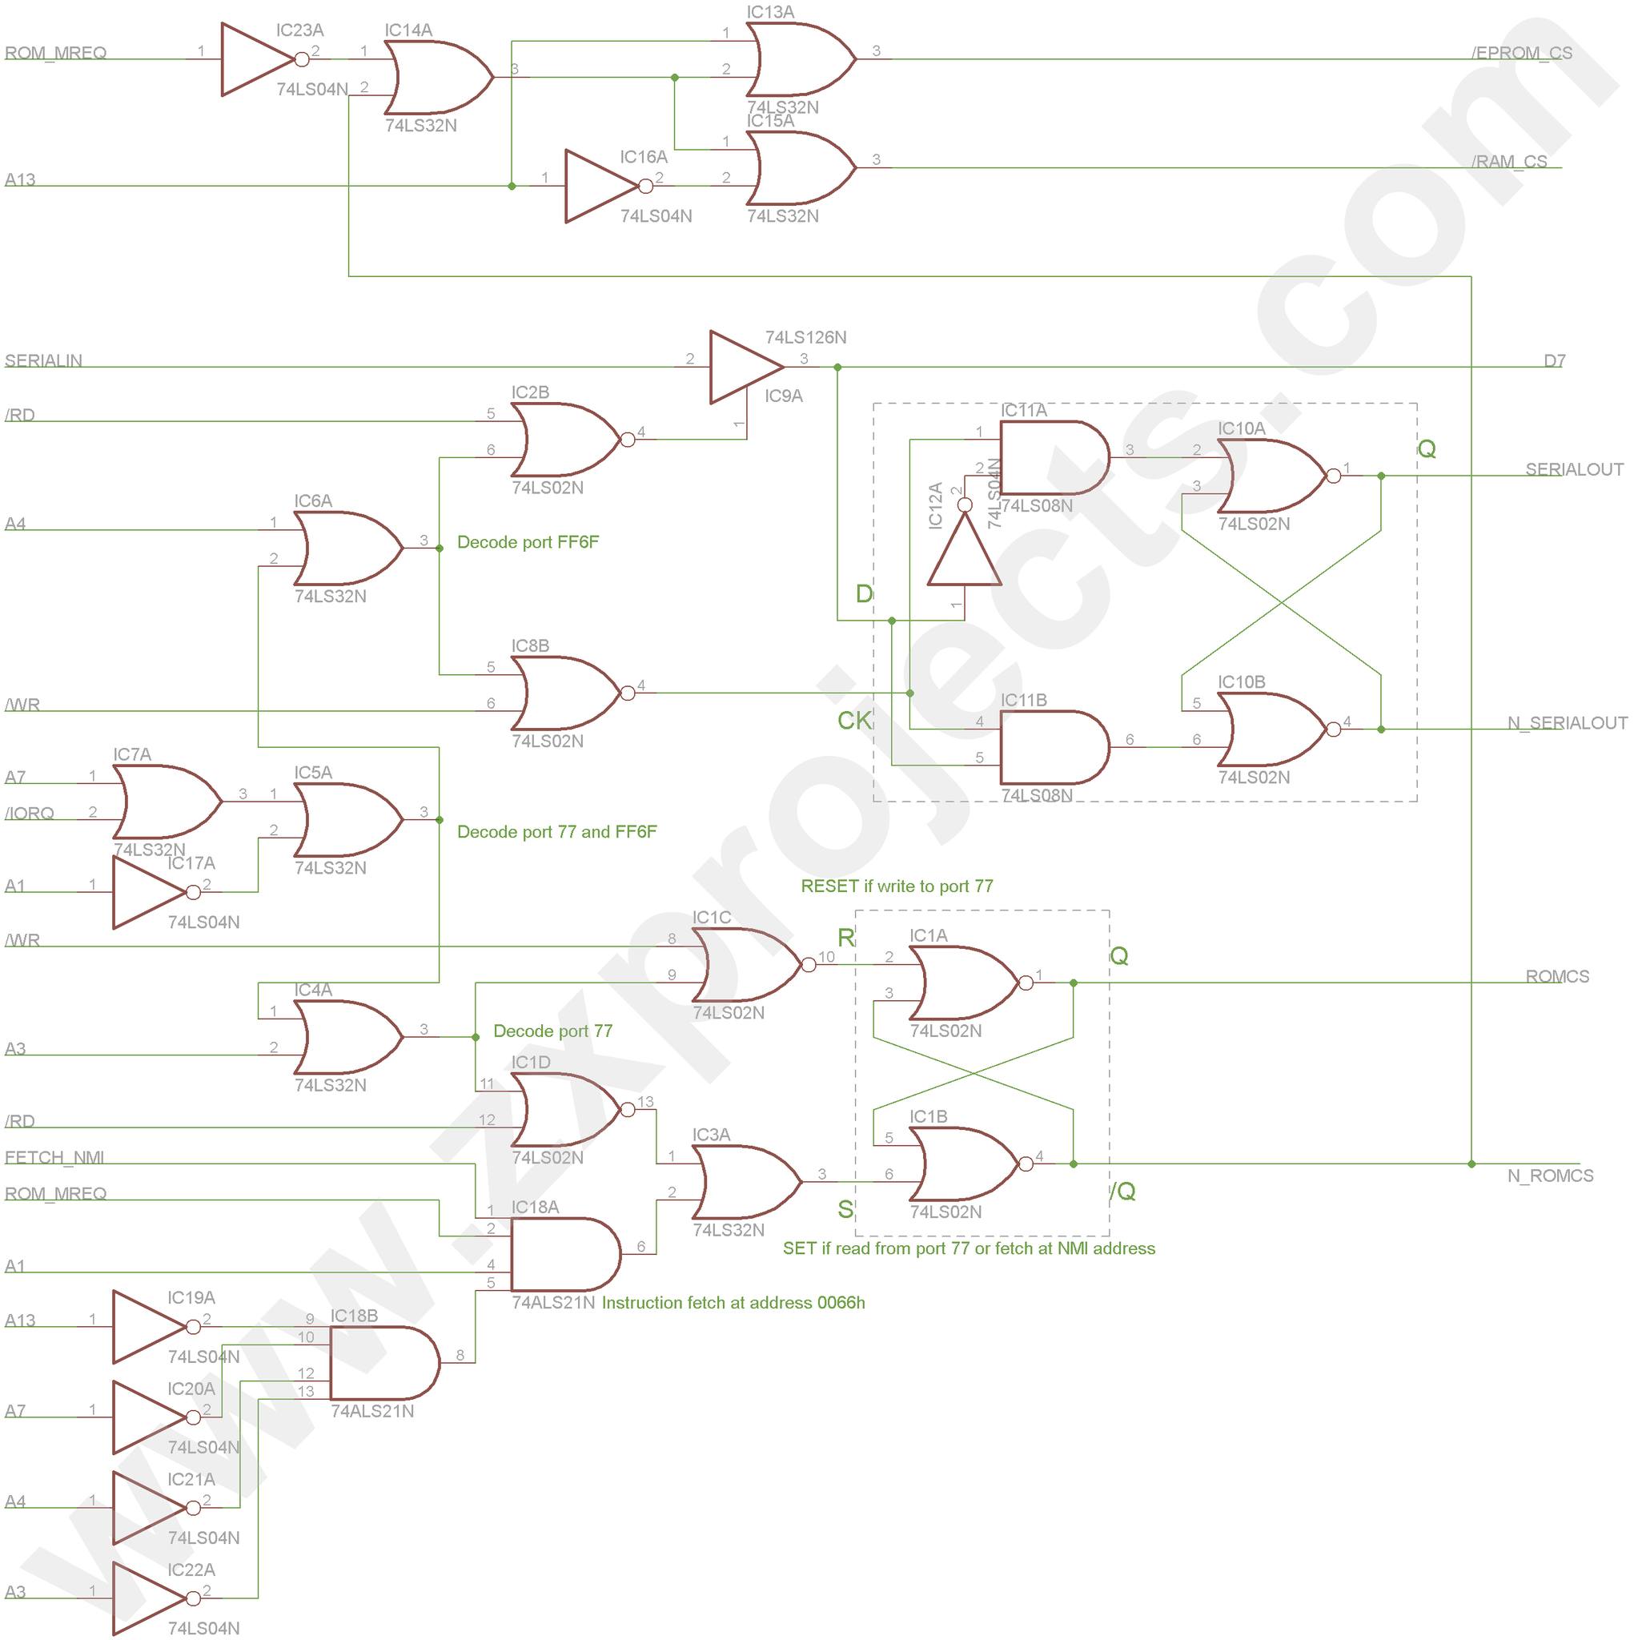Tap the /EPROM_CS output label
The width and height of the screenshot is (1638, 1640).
coord(1522,53)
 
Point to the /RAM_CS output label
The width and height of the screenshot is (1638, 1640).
coord(1509,161)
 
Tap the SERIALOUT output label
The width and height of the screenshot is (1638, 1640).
coord(1573,469)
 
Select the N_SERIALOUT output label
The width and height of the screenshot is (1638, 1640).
coord(1567,723)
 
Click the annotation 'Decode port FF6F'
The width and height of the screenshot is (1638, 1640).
coord(528,542)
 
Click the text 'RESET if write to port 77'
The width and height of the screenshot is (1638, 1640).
coord(896,886)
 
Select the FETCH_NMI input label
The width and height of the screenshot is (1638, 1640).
coord(54,1158)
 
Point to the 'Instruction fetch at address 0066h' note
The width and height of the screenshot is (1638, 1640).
coord(733,1303)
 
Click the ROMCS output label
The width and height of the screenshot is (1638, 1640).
coord(1556,976)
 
